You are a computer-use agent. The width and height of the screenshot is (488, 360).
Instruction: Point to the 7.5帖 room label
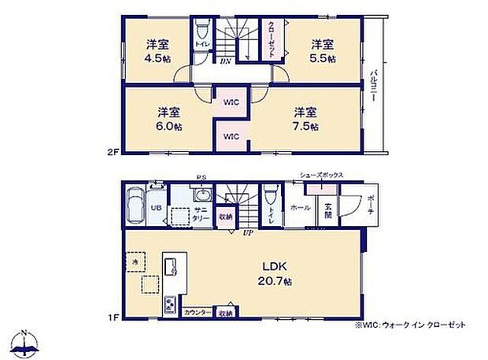point(306,118)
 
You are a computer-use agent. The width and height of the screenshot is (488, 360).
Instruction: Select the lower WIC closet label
point(231,135)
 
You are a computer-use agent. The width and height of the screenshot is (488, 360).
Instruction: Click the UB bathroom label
point(156,209)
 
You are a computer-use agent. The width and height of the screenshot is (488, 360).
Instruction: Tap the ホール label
point(299,208)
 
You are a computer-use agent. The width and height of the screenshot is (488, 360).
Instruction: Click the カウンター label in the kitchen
point(197,313)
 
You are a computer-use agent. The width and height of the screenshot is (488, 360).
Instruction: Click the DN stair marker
point(226,61)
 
